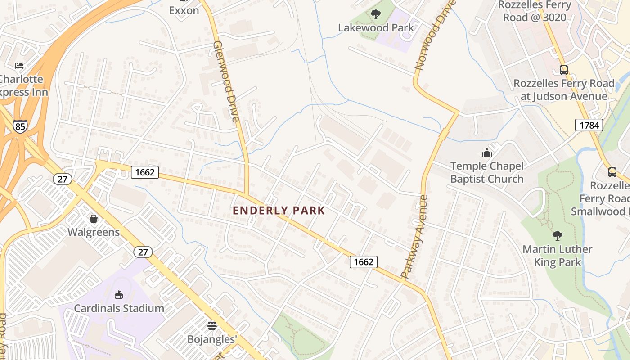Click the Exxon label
[x=184, y=10]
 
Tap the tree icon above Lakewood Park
[x=376, y=14]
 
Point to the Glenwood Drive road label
[x=226, y=81]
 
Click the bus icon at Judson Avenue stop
[x=563, y=70]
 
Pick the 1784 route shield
[x=589, y=125]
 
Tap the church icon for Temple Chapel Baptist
[x=486, y=153]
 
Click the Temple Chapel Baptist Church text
[x=487, y=173]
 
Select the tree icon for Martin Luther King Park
[x=557, y=235]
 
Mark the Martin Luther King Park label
[x=558, y=256]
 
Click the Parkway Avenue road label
[x=414, y=236]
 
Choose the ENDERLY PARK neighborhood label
[x=279, y=211]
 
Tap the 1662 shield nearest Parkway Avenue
[x=364, y=261]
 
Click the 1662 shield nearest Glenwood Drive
[x=145, y=172]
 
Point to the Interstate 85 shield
[x=20, y=126]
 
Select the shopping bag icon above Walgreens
[x=94, y=219]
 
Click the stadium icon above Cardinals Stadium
[x=119, y=295]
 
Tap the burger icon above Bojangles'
[x=212, y=325]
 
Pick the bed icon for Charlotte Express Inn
[x=19, y=66]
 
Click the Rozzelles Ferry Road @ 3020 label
[x=535, y=11]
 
